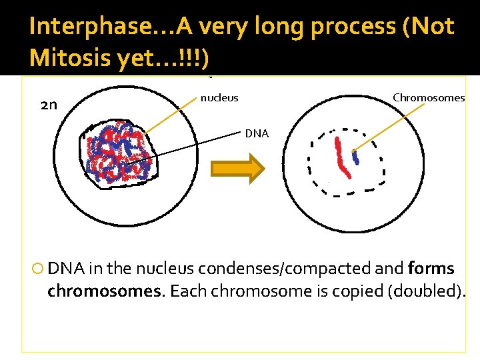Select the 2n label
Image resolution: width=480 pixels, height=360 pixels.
coord(49,105)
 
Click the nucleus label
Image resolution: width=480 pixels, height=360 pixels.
coord(219,99)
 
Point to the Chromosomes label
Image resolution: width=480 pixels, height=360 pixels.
coord(428,98)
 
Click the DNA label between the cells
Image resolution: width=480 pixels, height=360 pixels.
coord(257,133)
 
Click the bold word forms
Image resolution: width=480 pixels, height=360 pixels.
coord(431,269)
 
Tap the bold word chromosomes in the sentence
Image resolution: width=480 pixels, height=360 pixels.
coord(86,291)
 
